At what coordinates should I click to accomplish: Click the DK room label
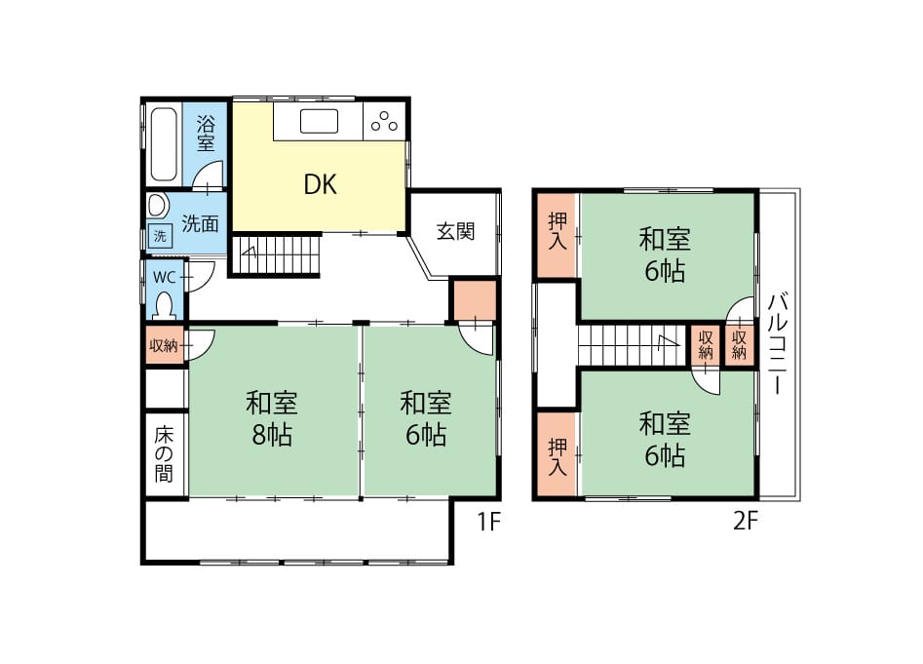pos(321,184)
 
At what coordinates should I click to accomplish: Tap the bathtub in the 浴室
pos(164,143)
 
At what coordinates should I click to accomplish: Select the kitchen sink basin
pos(319,121)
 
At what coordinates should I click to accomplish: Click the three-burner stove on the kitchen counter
pos(384,121)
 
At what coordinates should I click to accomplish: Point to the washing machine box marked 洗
pos(160,236)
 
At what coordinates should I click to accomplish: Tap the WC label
pos(165,277)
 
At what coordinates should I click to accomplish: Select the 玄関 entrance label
pos(455,231)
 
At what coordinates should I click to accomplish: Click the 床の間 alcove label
pos(165,454)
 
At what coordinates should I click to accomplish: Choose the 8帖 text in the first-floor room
pos(271,435)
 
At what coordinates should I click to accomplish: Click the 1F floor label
pos(488,521)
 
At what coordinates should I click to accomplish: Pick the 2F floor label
pos(746,521)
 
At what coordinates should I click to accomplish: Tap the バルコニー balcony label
pos(778,343)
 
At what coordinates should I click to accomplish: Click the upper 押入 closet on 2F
pos(557,234)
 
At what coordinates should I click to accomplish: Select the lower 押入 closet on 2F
pos(557,454)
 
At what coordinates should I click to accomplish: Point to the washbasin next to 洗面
pos(158,206)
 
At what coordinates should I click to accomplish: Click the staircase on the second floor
pos(634,345)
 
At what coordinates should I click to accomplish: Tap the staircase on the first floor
pos(276,254)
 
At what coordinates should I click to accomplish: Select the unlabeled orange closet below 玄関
pos(475,300)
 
